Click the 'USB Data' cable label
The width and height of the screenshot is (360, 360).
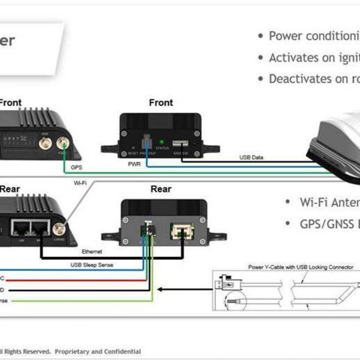pos(251,157)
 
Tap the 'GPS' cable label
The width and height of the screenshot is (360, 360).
pos(77,168)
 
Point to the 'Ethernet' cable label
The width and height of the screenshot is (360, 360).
pos(92,252)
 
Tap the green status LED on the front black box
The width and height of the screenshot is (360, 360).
pos(162,142)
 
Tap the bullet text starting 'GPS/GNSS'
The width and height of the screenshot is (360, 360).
pos(329,224)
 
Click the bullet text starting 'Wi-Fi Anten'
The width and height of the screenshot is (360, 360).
pos(329,202)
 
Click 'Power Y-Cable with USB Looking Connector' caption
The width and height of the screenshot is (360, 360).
pos(301,267)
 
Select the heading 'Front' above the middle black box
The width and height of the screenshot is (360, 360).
pos(161,103)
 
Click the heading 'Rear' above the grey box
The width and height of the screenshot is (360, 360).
pos(161,189)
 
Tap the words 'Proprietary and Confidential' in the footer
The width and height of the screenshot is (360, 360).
pos(98,351)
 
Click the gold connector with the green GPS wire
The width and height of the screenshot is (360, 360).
pos(63,143)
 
